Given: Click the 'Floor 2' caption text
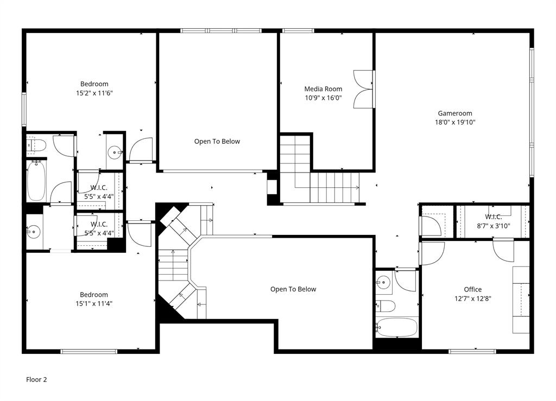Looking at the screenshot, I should pyautogui.click(x=36, y=380).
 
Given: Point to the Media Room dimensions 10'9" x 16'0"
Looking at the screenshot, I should pyautogui.click(x=323, y=98).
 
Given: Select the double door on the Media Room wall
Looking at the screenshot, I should pyautogui.click(x=363, y=89).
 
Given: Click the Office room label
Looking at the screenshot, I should pyautogui.click(x=472, y=289).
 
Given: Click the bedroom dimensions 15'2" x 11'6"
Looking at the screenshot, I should pyautogui.click(x=94, y=93).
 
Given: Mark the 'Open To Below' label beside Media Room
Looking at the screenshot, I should pyautogui.click(x=217, y=142).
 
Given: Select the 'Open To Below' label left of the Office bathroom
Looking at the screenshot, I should pyautogui.click(x=293, y=289).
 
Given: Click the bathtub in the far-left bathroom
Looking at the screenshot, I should pyautogui.click(x=36, y=181).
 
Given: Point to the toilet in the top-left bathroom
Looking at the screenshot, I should pyautogui.click(x=36, y=145).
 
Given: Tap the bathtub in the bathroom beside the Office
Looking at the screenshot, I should pyautogui.click(x=397, y=327).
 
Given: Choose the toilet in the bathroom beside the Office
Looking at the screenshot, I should pyautogui.click(x=386, y=306).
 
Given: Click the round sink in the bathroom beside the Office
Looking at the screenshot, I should pyautogui.click(x=384, y=282).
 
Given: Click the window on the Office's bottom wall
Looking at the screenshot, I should pyautogui.click(x=472, y=352).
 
